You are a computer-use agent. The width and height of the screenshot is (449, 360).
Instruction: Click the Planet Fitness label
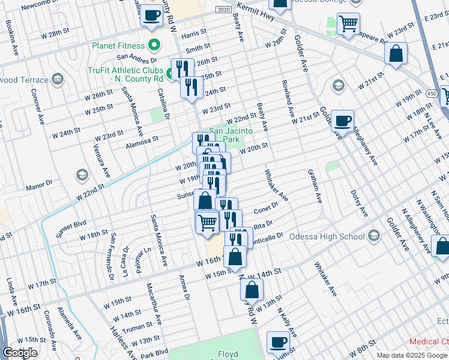tap(118, 46)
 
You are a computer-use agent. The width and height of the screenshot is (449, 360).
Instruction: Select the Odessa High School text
tap(327, 236)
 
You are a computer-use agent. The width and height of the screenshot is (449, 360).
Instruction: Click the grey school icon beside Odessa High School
tap(375, 234)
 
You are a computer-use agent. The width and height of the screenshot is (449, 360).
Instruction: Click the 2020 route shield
tap(223, 11)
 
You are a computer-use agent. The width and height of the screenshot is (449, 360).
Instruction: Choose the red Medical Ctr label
tap(428, 341)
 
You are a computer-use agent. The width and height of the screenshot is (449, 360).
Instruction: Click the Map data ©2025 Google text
tap(412, 355)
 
